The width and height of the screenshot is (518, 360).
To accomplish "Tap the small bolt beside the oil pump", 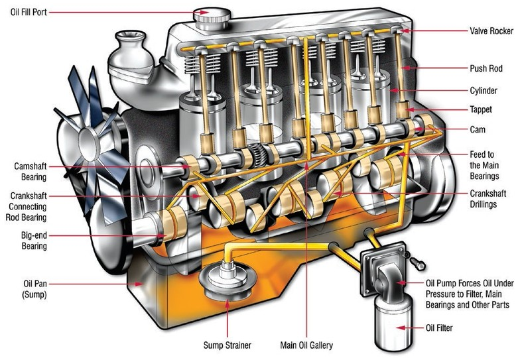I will [x=417, y=263].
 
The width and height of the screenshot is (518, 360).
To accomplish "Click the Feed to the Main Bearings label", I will [x=484, y=165].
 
